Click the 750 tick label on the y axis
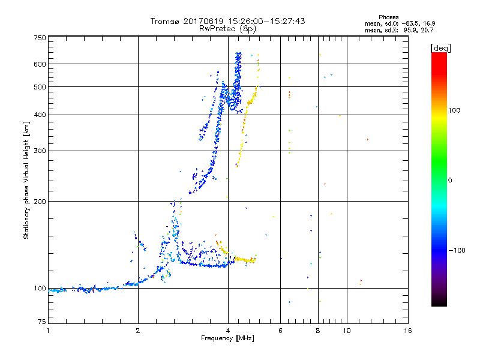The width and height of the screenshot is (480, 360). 40,38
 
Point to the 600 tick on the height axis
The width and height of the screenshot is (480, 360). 40,64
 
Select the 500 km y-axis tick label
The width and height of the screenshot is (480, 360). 40,87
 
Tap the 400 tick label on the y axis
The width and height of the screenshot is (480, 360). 40,115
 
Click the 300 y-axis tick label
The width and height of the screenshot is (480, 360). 40,151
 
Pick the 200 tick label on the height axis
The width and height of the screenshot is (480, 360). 40,202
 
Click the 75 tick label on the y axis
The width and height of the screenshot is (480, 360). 41,322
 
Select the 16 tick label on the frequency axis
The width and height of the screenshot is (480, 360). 407,331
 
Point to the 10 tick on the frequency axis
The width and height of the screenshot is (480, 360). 346,331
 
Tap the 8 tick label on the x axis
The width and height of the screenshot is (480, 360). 318,331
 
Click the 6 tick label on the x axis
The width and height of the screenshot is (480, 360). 280,331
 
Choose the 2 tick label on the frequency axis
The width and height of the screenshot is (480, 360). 138,331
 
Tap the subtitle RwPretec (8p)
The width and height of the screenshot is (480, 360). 228,28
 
